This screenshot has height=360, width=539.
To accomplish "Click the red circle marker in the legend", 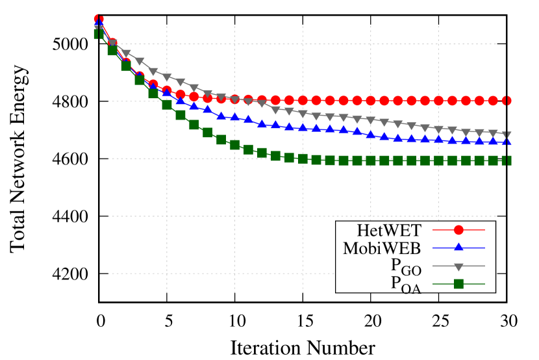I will pos(458,229).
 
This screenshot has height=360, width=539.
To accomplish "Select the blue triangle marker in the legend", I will pos(458,248).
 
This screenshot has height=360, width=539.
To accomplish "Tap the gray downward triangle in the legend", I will pos(458,266).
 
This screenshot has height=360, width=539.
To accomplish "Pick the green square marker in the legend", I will pos(458,284).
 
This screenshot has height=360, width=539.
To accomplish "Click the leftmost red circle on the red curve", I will pos(99,19).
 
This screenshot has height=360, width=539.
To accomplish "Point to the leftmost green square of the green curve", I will pos(99,34).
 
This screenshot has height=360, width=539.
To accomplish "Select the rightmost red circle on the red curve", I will pos(507,101).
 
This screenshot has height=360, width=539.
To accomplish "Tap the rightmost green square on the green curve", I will pos(507,161).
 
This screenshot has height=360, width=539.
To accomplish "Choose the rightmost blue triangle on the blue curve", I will pos(507,141).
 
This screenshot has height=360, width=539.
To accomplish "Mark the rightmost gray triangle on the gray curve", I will pos(507,136).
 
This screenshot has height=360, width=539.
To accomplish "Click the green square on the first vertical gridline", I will pos(167,104).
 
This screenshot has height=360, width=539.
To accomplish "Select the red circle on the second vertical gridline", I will pos(234,99).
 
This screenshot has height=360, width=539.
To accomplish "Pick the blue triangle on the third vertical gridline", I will pos(303,127).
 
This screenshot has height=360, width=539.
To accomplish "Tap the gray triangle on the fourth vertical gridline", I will pos(371,120).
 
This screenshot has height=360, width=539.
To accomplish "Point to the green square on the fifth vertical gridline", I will pos(438,161).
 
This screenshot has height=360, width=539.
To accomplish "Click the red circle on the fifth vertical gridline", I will pos(438,101).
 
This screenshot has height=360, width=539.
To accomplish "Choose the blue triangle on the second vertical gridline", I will pos(234,117).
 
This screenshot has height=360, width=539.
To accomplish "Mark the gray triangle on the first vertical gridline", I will pos(167,78).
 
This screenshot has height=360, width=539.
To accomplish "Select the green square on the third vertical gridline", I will pos(303,159).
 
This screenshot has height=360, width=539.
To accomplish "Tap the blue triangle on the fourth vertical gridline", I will pos(371,135).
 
